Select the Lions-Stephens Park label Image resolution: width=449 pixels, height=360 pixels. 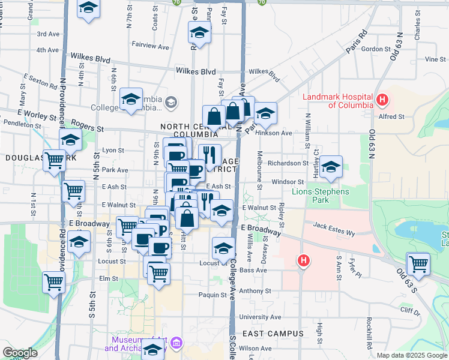point(318,196)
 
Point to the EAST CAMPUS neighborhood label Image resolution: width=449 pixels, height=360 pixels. point(273,334)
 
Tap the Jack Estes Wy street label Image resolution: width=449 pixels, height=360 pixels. point(334,226)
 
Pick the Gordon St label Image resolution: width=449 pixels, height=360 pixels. point(376,49)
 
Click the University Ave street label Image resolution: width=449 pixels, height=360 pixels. point(260,317)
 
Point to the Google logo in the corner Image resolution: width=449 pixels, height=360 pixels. point(20,353)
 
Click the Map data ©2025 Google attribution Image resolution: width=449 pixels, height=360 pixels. point(411,355)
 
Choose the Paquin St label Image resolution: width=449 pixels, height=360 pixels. point(212,295)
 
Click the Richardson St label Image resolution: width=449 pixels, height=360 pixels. point(288,163)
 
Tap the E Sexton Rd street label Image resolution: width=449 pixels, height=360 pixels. point(40,79)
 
